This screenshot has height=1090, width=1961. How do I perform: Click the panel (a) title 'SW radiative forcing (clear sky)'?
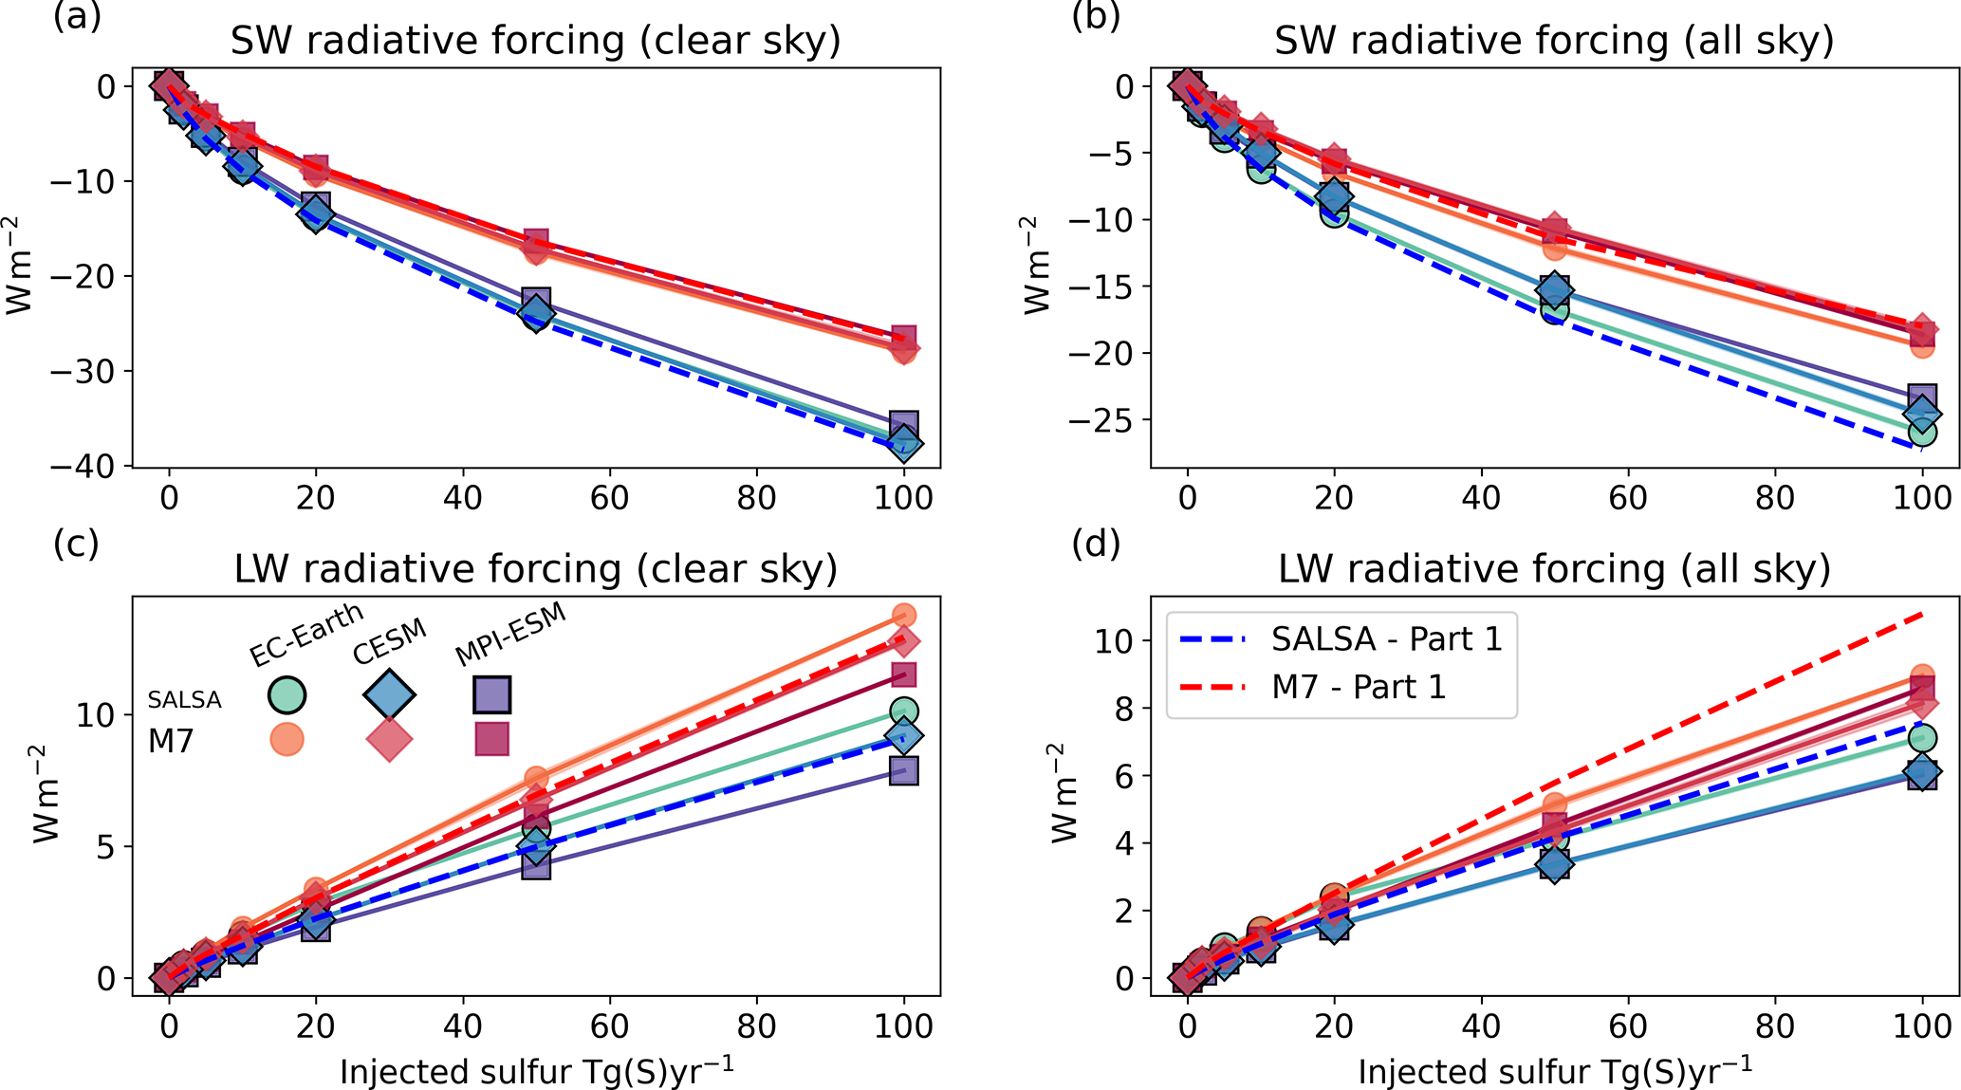point(536,41)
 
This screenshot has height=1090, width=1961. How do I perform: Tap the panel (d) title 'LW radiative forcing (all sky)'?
point(1554,568)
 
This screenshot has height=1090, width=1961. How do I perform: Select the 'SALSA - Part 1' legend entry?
point(1386,638)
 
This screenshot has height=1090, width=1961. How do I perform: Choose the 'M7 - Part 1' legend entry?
point(1358,686)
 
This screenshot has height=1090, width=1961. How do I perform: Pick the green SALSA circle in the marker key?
point(287,694)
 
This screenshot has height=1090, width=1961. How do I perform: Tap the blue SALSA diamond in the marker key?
point(389,694)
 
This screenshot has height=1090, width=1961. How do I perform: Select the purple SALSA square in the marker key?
point(492,694)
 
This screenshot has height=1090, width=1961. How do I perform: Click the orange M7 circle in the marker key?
point(287,738)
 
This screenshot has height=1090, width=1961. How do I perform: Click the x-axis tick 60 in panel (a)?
point(609,497)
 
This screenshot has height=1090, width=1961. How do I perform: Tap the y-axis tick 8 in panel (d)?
point(1126,708)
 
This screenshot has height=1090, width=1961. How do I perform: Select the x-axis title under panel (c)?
point(537,1070)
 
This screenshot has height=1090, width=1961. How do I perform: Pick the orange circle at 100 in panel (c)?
point(904,616)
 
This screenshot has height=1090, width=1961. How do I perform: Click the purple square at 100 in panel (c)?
point(904,771)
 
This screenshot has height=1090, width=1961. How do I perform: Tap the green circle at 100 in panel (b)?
point(1922,433)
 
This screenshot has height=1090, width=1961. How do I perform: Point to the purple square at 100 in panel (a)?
point(904,424)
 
